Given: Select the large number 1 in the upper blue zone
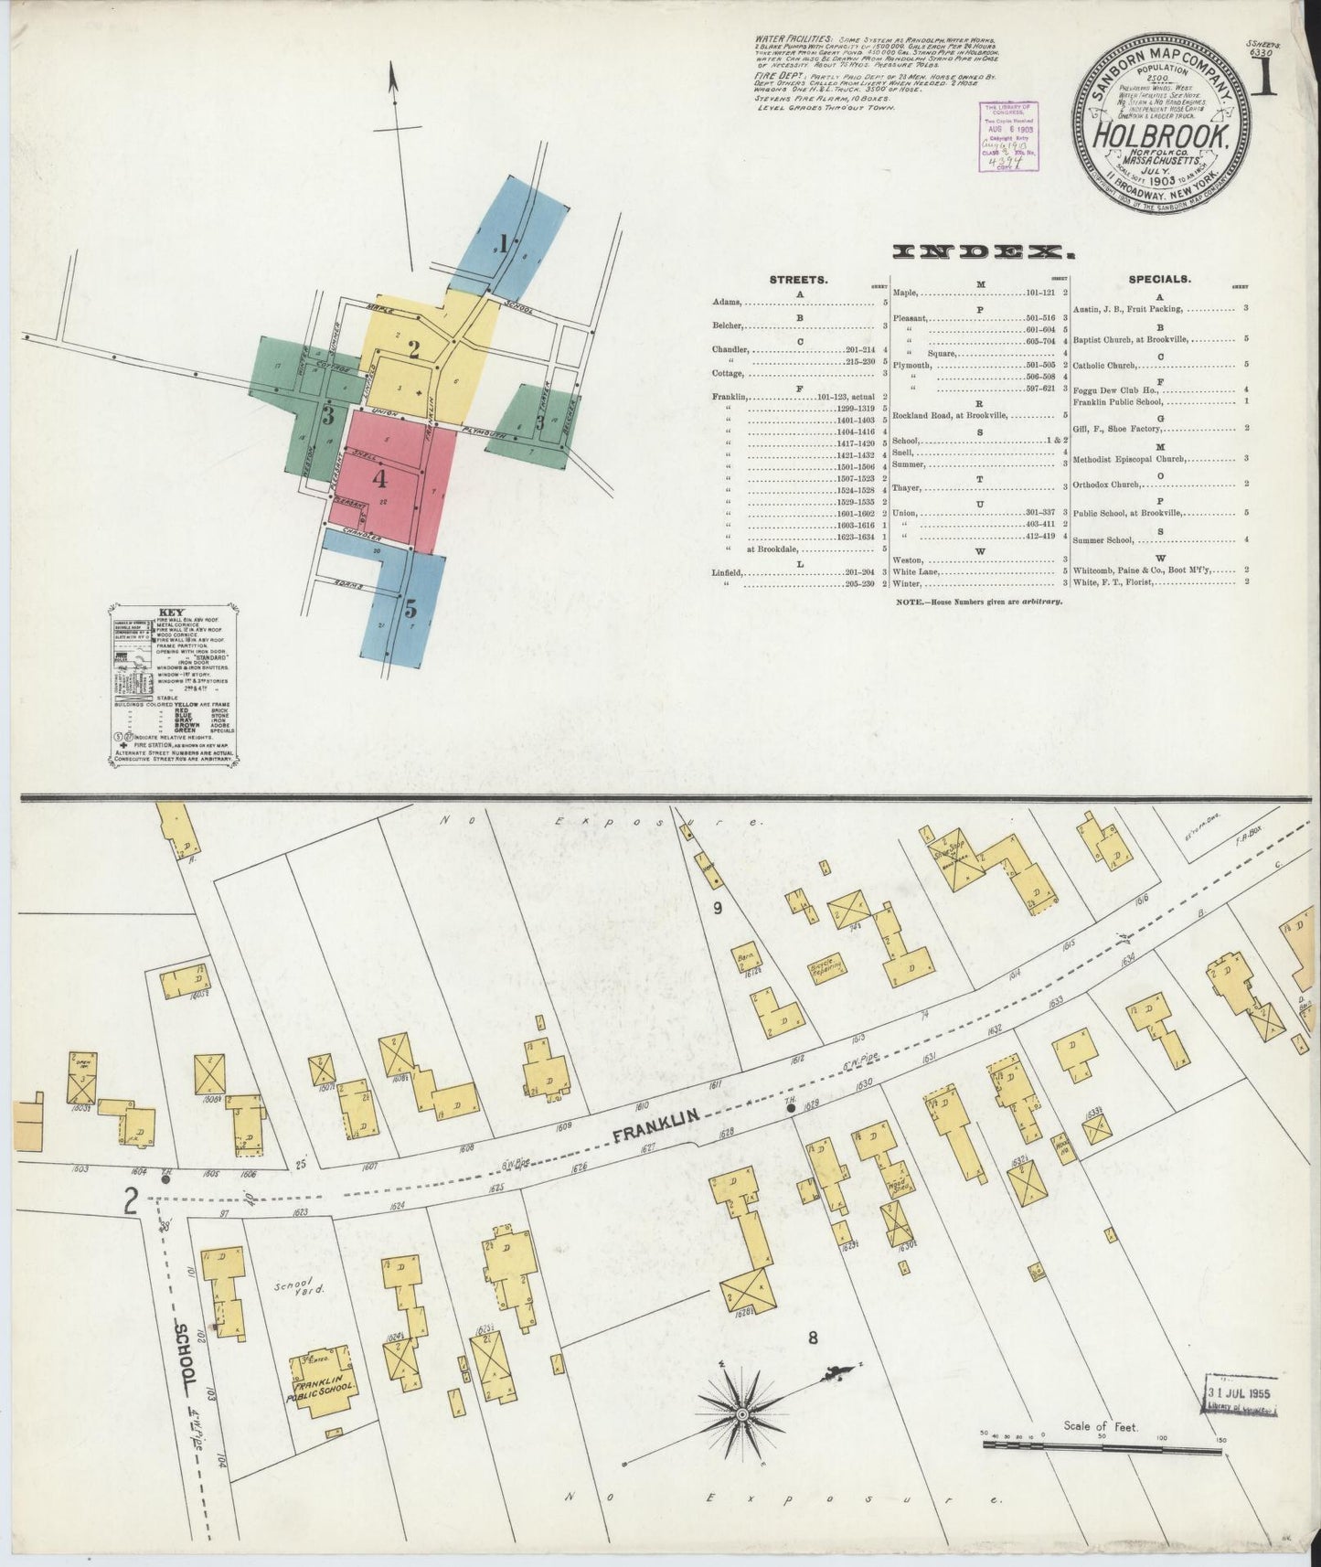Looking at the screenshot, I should [502, 243].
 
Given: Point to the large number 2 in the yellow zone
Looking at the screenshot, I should [413, 349].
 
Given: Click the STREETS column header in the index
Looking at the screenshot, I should [799, 280].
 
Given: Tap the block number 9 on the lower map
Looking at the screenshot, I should [718, 908].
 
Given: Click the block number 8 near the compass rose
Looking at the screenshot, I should [812, 1339].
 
